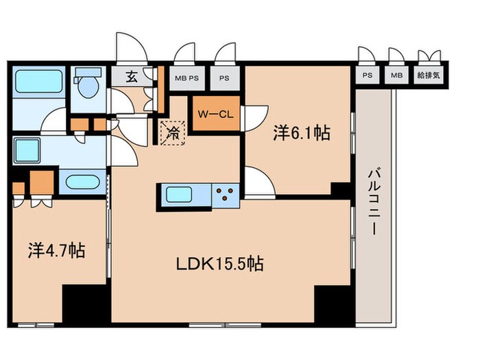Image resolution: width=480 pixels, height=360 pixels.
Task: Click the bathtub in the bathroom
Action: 39,82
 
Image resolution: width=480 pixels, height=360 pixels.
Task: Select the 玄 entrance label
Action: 132,76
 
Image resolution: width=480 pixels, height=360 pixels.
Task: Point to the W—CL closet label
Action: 216,114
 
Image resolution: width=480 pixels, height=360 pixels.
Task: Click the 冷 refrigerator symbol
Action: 173,132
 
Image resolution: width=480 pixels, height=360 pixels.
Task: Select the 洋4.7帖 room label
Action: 56,251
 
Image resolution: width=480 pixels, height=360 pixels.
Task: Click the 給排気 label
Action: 430,76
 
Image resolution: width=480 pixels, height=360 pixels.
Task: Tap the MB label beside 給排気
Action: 396,76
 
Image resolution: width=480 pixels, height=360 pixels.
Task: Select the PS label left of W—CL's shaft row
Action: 224,77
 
